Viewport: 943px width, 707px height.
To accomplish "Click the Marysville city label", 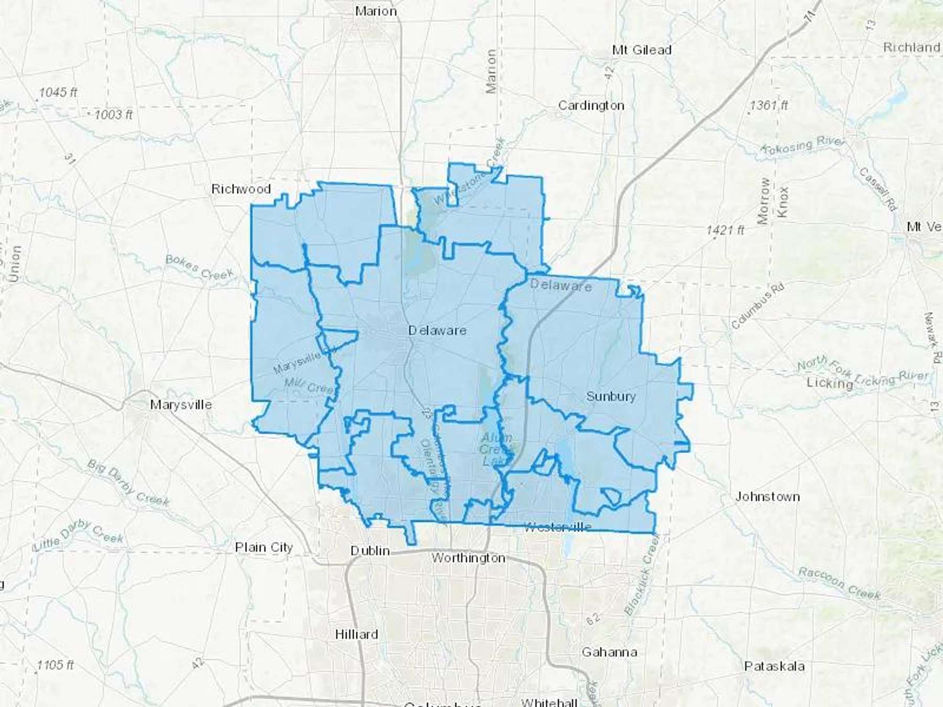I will tap(181, 405).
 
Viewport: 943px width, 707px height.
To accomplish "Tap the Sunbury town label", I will tap(611, 396).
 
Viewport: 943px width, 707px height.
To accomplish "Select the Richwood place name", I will tap(241, 189).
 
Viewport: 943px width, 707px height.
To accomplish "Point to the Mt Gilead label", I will tap(642, 50).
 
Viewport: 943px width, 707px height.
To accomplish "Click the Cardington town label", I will tap(591, 106).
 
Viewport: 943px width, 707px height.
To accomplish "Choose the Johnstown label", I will tap(767, 496).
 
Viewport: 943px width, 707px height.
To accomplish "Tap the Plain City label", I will tap(264, 548).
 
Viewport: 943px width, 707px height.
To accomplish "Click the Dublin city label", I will tap(370, 551).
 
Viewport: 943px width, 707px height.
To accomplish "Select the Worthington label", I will tap(468, 558).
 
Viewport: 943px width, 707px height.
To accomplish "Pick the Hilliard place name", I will tap(356, 635).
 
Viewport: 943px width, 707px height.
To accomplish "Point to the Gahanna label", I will tap(609, 653).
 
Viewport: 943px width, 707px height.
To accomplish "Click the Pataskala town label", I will tap(774, 667).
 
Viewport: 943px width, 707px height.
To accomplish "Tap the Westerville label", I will tap(557, 527).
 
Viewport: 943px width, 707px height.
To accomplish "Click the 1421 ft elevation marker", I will tap(725, 230).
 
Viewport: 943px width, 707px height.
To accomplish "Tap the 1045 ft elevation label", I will tap(58, 93).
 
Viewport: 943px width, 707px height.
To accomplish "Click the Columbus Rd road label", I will tap(758, 306).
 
